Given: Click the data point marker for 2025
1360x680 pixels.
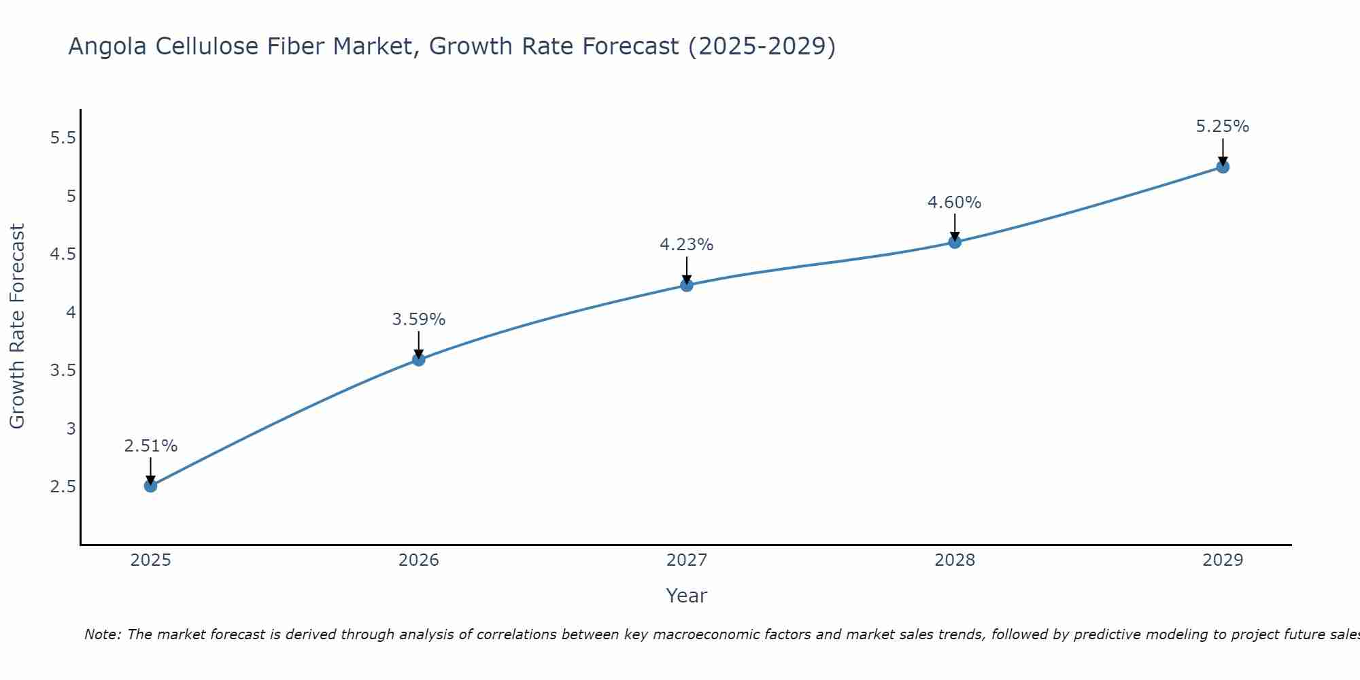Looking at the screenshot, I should click(151, 486).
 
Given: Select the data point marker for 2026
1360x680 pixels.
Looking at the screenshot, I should click(419, 359).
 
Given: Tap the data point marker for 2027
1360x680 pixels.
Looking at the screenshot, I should click(687, 285).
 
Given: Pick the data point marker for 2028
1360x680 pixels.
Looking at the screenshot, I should click(955, 241).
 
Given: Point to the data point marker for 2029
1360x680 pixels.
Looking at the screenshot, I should click(1223, 167).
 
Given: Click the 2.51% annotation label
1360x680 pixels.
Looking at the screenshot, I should click(151, 446).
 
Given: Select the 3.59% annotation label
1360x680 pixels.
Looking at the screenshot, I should click(419, 320).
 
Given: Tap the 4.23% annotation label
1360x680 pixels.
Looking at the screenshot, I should click(687, 245).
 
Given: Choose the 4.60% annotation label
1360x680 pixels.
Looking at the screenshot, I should click(955, 203).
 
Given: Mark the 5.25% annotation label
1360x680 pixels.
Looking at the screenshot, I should click(1223, 126).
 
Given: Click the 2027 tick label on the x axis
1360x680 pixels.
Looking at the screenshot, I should click(687, 560).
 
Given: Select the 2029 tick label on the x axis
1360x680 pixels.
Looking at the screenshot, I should click(1223, 560).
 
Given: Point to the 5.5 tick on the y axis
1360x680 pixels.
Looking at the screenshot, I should click(63, 138).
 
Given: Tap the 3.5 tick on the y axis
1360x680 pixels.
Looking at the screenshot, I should click(63, 371).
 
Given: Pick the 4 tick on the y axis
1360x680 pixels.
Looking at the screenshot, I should click(71, 313).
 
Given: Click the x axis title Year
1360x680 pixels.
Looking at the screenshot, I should click(687, 596).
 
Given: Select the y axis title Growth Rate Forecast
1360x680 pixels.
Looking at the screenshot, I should click(17, 326).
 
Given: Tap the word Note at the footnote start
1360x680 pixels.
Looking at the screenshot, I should click(102, 634).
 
